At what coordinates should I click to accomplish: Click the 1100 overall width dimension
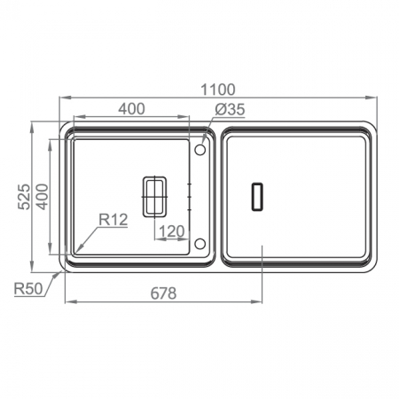[218, 90]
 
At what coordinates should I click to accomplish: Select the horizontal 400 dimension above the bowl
[131, 109]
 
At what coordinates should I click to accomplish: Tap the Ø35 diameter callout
[230, 109]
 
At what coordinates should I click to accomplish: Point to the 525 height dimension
[24, 197]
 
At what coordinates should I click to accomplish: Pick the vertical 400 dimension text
[42, 197]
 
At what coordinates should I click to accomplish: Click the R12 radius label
[113, 220]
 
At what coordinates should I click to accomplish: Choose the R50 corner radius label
[28, 288]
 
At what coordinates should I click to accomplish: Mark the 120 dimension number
[172, 231]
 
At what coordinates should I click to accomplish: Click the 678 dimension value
[163, 293]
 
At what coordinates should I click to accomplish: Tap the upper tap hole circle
[200, 150]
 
